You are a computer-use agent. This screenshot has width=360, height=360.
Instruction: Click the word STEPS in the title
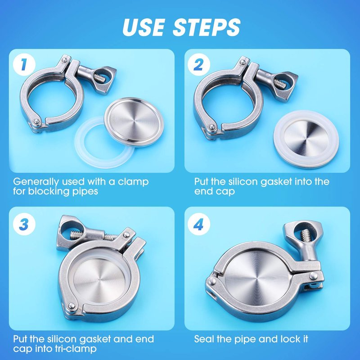(x=207, y=27)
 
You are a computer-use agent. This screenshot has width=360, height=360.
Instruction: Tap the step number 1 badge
(x=24, y=64)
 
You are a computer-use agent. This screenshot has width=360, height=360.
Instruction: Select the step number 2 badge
(x=198, y=64)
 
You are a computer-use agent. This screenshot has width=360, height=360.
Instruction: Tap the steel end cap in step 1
(x=134, y=121)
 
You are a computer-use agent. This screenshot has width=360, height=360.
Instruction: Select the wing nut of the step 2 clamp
(x=285, y=85)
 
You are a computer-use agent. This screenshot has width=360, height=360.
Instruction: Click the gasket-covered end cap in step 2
(x=306, y=139)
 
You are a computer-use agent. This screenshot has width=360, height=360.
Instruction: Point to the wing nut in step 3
(x=70, y=232)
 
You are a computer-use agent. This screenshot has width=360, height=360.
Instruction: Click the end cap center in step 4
(x=256, y=278)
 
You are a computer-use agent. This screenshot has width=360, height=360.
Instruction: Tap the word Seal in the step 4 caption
(x=203, y=339)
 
